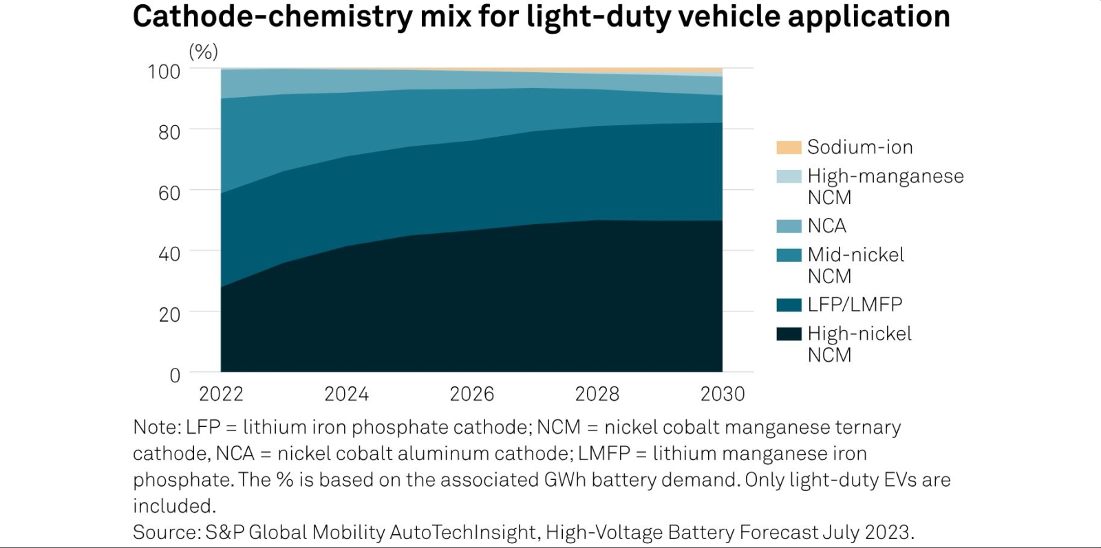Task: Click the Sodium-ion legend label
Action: pyautogui.click(x=859, y=147)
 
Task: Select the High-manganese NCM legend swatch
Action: pyautogui.click(x=789, y=177)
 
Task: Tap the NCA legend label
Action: pyautogui.click(x=826, y=226)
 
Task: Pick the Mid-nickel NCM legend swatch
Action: pyautogui.click(x=789, y=255)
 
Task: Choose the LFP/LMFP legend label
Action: pyautogui.click(x=855, y=304)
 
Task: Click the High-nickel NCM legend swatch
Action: pyautogui.click(x=789, y=334)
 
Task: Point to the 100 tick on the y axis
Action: pyautogui.click(x=164, y=72)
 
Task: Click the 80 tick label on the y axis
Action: pyautogui.click(x=169, y=132)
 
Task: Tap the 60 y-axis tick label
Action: pyautogui.click(x=169, y=193)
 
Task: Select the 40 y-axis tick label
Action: pyautogui.click(x=169, y=254)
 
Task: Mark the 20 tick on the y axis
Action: pyautogui.click(x=169, y=314)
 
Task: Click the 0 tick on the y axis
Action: pyautogui.click(x=175, y=375)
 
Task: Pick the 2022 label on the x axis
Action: pyautogui.click(x=221, y=394)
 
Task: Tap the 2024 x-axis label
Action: pyautogui.click(x=346, y=394)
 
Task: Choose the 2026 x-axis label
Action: pyautogui.click(x=471, y=394)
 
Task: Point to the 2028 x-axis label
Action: pyautogui.click(x=597, y=394)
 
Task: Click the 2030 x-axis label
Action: pyautogui.click(x=723, y=394)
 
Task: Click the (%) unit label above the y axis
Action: pyautogui.click(x=203, y=52)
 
